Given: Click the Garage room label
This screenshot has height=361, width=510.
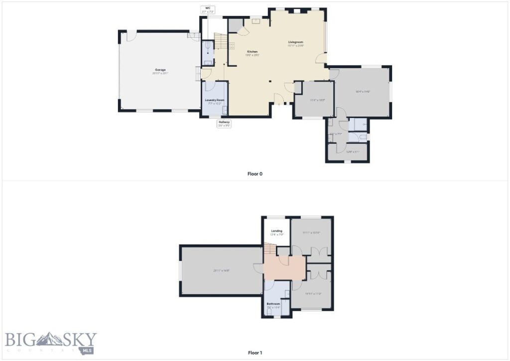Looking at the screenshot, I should tap(159, 69).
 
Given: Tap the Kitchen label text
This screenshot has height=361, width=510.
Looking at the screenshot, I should tap(253, 52).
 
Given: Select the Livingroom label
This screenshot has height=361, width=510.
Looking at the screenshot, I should tap(296, 42).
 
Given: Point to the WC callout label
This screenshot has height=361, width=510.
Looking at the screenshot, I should tap(208, 8).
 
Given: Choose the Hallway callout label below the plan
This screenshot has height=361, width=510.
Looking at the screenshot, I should tap(224, 122).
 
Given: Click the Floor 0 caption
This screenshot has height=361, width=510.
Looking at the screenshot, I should tap(255, 174).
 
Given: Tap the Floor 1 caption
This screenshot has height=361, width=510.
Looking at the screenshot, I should tap(255, 353).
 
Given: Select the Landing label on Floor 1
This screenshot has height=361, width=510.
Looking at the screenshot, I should tap(277, 231).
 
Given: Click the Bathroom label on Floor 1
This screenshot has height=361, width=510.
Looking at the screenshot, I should tap(273, 304).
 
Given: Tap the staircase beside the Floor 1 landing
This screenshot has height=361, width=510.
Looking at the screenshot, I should tap(269, 248).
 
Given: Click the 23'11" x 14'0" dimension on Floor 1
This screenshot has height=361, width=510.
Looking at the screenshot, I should tap(221, 270).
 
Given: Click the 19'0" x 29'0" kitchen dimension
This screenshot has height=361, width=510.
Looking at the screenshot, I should tap(253, 55).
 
